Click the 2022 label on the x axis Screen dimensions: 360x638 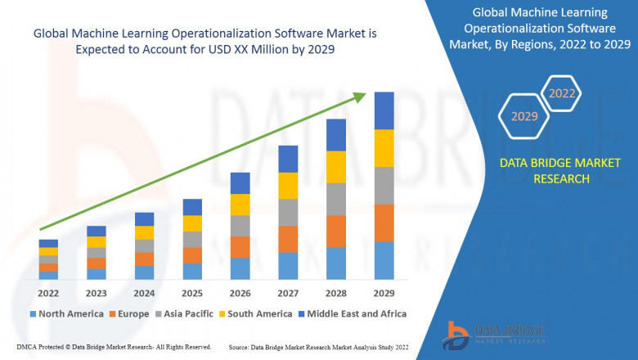pos(48,292)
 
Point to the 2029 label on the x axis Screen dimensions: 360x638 pos(384,292)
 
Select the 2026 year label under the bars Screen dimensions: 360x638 pos(240,292)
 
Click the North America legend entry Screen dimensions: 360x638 pos(65,313)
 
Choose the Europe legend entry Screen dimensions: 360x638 pos(130,313)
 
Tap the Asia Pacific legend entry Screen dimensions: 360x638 pos(185,313)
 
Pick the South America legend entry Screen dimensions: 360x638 pos(256,313)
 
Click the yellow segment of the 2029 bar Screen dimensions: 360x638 pos(384,148)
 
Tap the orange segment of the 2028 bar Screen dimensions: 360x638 pos(336,231)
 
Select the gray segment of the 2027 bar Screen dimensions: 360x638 pos(288,212)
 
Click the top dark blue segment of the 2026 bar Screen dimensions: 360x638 pos(240,182)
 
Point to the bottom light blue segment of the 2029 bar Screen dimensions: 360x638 pos(384,260)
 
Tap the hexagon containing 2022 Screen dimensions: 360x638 pos(562,94)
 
